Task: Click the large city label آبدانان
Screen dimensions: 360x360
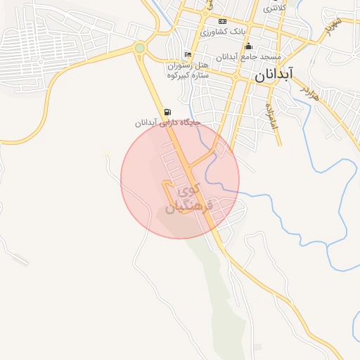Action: tap(272, 73)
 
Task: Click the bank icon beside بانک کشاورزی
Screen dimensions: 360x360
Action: tap(223, 22)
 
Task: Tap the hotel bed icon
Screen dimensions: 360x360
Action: tap(187, 55)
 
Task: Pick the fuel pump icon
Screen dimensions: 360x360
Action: tap(167, 112)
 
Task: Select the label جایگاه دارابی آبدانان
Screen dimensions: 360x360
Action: tap(168, 122)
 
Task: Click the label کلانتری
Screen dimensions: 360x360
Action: tap(274, 9)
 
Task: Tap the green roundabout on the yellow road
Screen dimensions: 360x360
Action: tap(140, 48)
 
